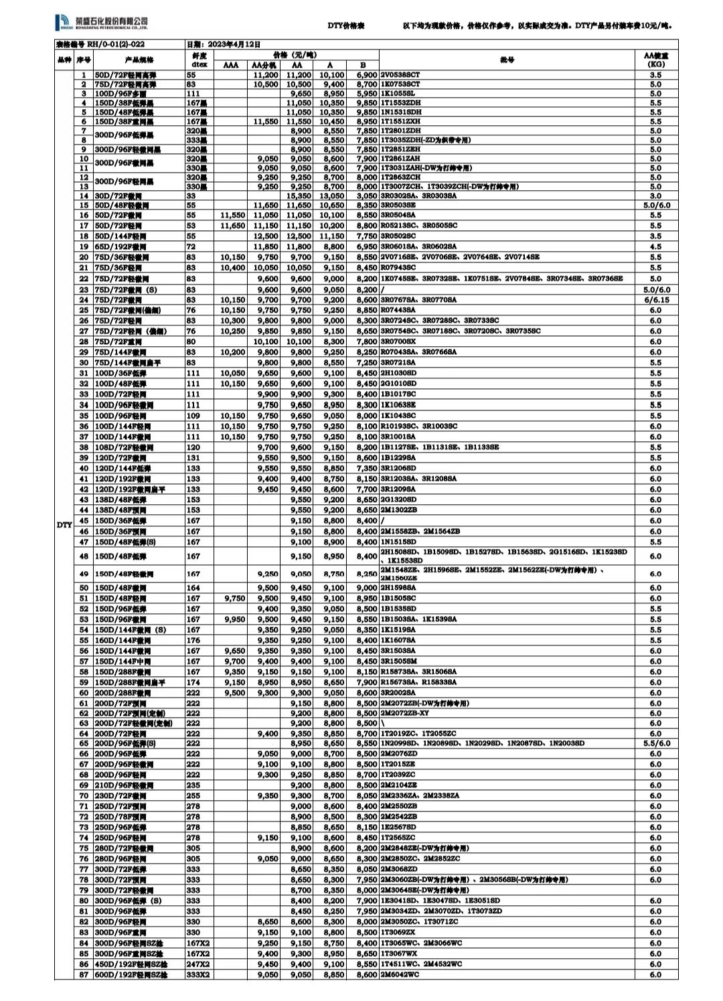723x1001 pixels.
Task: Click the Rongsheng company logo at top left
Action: pyautogui.click(x=101, y=23)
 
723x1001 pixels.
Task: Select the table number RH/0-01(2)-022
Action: pyautogui.click(x=100, y=44)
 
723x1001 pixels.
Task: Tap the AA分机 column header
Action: pyautogui.click(x=264, y=66)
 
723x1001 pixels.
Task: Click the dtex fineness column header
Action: pyautogui.click(x=199, y=60)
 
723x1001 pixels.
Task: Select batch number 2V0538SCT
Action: pyautogui.click(x=400, y=76)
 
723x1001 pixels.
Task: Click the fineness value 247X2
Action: pyautogui.click(x=197, y=964)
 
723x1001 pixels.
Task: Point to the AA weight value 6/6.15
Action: pyautogui.click(x=655, y=300)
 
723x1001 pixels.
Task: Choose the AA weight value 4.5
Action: pyautogui.click(x=655, y=247)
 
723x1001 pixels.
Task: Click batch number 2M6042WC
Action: pyautogui.click(x=400, y=975)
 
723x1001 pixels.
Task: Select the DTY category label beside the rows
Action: pyautogui.click(x=64, y=525)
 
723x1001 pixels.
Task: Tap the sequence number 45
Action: pyautogui.click(x=84, y=520)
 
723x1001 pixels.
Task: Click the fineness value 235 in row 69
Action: pyautogui.click(x=193, y=785)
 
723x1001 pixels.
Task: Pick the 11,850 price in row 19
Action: pyautogui.click(x=266, y=247)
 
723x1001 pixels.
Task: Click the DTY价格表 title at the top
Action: pyautogui.click(x=345, y=25)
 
